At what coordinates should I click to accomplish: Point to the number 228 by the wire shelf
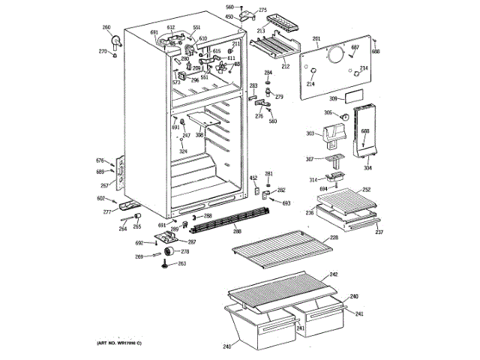[334, 238]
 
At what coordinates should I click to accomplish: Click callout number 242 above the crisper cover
[334, 275]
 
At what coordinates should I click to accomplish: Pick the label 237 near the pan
[379, 232]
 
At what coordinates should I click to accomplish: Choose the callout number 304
[367, 169]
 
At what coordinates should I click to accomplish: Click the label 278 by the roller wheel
[184, 251]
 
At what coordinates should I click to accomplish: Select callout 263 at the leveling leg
[181, 264]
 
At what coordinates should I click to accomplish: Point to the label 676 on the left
[100, 161]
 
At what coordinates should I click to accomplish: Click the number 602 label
[100, 198]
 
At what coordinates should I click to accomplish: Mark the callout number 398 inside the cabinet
[199, 135]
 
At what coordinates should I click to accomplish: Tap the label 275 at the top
[262, 10]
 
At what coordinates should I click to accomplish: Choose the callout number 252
[367, 190]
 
